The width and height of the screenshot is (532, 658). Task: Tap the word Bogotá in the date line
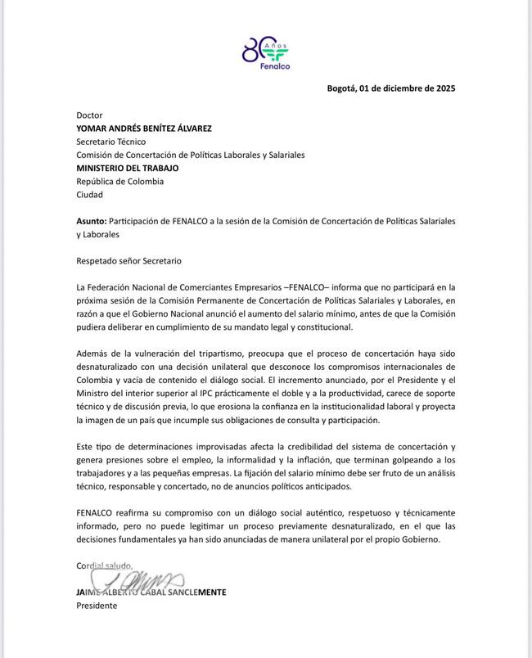coord(342,88)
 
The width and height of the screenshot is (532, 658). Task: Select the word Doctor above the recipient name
coord(90,115)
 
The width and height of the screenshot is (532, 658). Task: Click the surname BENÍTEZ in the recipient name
coord(167,128)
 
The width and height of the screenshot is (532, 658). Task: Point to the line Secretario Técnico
coord(110,142)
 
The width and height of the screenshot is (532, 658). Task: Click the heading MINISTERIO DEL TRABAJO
coord(128,168)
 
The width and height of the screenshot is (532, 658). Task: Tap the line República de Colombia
coord(119,182)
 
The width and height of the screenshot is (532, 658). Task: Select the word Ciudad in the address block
coord(90,195)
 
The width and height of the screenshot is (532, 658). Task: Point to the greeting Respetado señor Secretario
coord(128,261)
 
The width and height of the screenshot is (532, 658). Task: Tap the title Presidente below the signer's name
coord(97,606)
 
